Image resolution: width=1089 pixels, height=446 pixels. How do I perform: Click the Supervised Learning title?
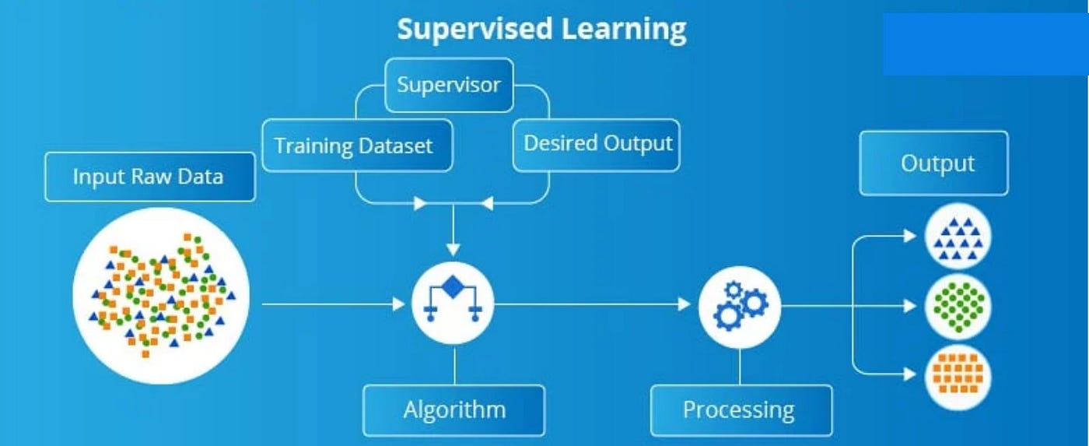(x=541, y=30)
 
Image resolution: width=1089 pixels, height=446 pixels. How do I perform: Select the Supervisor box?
(x=449, y=85)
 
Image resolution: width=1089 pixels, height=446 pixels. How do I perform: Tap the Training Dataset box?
(x=357, y=146)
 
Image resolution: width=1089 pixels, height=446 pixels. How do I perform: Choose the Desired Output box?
(x=597, y=144)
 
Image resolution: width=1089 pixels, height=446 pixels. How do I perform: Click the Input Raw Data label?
(x=149, y=177)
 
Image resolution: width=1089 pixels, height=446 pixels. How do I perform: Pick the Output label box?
(x=933, y=163)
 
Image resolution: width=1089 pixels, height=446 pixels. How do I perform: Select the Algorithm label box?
(x=454, y=409)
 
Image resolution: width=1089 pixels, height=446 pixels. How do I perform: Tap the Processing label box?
(x=740, y=409)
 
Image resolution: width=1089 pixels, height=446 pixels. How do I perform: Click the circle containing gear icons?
(x=740, y=306)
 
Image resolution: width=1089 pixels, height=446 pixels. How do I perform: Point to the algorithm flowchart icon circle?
(x=453, y=304)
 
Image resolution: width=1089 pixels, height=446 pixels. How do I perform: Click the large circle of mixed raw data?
(x=161, y=295)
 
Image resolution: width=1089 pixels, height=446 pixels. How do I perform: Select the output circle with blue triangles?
(x=958, y=237)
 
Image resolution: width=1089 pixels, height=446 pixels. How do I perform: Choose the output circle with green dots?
(x=958, y=305)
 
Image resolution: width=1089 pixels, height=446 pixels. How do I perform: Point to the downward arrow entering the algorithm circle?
(x=453, y=233)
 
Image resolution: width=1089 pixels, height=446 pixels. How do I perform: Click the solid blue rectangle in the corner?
(x=985, y=44)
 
